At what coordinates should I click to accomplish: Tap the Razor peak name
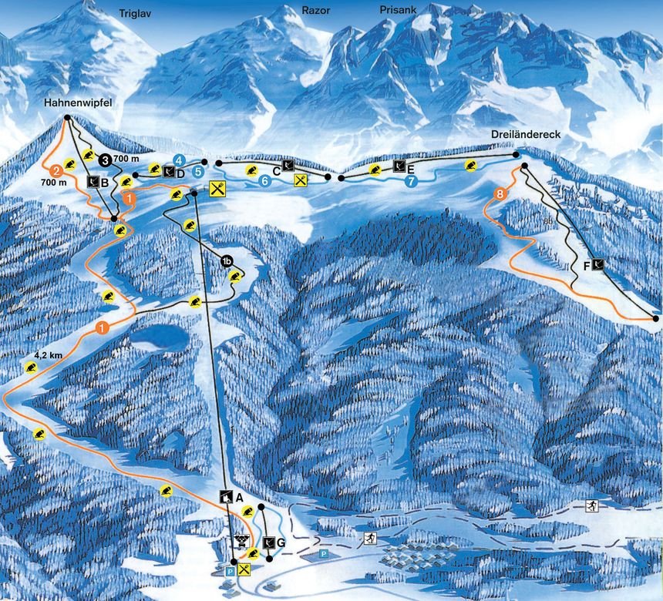[317, 11]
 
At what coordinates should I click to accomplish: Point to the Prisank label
[398, 11]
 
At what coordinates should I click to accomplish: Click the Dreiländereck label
[526, 134]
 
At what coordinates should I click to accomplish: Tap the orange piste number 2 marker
[56, 171]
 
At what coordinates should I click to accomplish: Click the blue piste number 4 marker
[179, 160]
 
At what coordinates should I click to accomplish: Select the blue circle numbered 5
[198, 171]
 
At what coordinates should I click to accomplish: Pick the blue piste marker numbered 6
[264, 181]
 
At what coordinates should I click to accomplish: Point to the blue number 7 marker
[412, 181]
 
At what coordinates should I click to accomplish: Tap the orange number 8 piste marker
[501, 194]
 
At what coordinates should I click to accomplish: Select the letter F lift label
[587, 265]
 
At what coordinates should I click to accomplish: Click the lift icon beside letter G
[268, 543]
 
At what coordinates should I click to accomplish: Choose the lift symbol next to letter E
[399, 166]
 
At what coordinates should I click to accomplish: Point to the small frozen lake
[158, 336]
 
